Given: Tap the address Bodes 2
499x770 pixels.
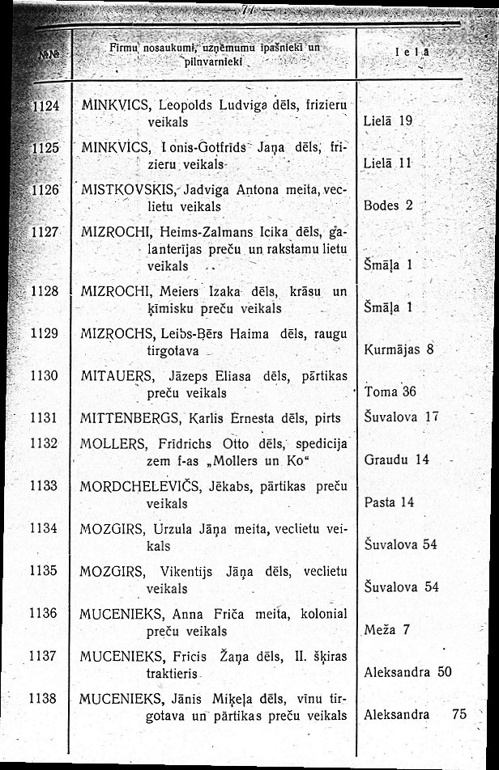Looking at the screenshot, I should coord(389,205).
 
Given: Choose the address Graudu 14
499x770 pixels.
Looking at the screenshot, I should coord(396,459).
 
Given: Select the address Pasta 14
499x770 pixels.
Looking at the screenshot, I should coord(389,502).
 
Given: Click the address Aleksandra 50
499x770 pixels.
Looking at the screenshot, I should coord(407,671).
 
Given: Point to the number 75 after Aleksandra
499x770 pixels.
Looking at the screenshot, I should coord(460,714).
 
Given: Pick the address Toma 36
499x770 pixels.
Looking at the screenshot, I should coord(390,391).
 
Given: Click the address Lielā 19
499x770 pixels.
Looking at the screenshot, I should coord(389,121).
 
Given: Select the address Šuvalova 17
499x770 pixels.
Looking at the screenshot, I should coord(401,417).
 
